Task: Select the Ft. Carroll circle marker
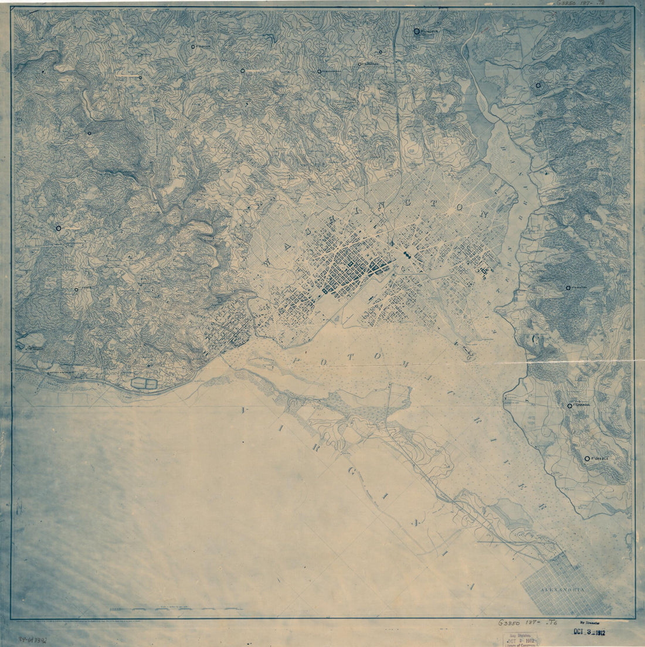pyautogui.click(x=569, y=406)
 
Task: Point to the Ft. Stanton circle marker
pyautogui.click(x=568, y=287)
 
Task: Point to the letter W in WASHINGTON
pyautogui.click(x=268, y=263)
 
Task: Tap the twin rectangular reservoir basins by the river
pyautogui.click(x=144, y=383)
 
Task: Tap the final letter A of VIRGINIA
pyautogui.click(x=469, y=585)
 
